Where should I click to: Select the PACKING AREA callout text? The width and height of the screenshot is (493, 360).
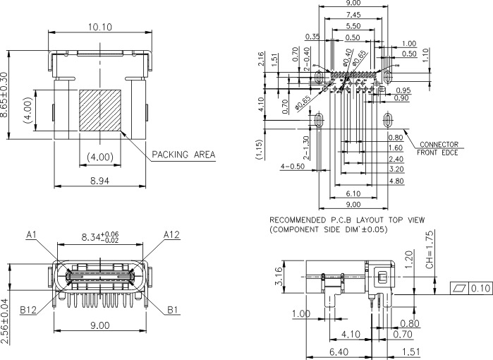[183, 155]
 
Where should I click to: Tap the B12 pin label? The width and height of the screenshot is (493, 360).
[29, 309]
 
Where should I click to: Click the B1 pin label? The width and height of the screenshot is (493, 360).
[174, 309]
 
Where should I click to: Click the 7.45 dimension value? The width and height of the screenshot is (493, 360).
[353, 15]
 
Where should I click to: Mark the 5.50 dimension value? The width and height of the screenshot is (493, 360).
[354, 26]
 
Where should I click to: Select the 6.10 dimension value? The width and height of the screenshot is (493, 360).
[353, 193]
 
